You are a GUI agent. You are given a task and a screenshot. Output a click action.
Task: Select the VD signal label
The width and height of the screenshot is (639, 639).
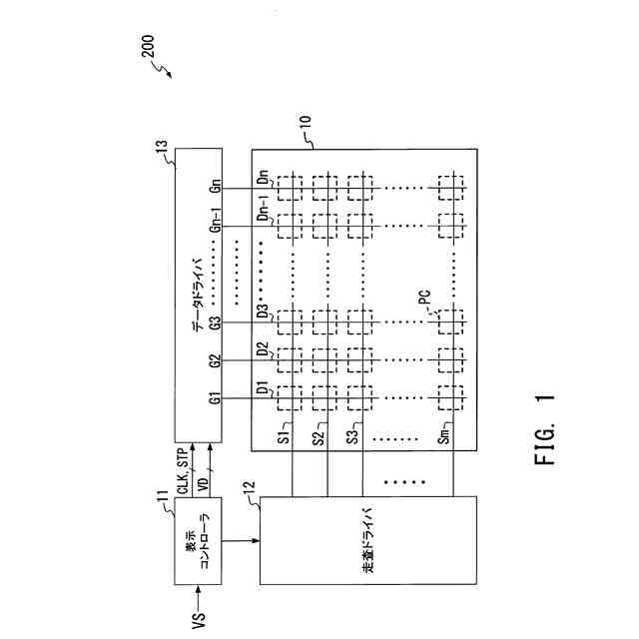tap(204, 481)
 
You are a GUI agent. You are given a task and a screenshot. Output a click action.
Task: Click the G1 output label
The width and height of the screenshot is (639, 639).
tap(214, 399)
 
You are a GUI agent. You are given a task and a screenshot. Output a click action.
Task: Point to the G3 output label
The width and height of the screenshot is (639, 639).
tap(214, 324)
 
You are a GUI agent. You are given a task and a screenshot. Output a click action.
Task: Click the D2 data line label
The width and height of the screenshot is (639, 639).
tap(263, 350)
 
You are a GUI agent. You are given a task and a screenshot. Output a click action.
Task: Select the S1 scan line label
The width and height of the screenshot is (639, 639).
tap(285, 436)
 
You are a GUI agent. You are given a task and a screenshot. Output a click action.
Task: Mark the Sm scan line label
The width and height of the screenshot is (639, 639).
tap(444, 436)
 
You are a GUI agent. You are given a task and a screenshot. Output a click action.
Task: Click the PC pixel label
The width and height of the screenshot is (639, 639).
tap(424, 298)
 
